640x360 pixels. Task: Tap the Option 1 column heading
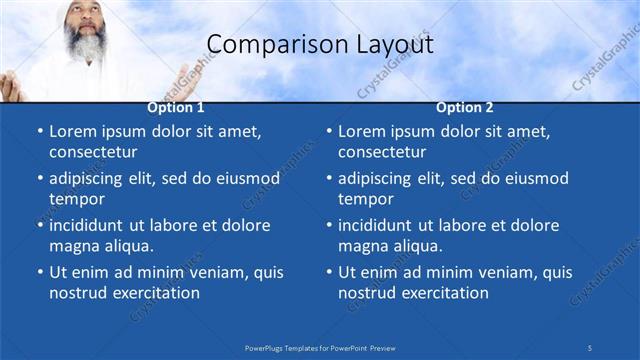(x=176, y=107)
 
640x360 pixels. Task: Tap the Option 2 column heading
(x=465, y=107)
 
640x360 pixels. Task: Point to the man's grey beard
(x=86, y=45)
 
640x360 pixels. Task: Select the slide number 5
(x=590, y=347)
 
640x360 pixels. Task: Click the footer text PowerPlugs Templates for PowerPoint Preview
(x=320, y=347)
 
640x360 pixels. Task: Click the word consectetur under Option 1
(x=93, y=152)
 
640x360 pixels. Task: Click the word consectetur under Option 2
(x=382, y=152)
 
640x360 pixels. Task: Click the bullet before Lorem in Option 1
(x=38, y=132)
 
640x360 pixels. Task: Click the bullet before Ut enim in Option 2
(x=327, y=272)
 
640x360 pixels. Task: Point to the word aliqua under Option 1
(x=127, y=246)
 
